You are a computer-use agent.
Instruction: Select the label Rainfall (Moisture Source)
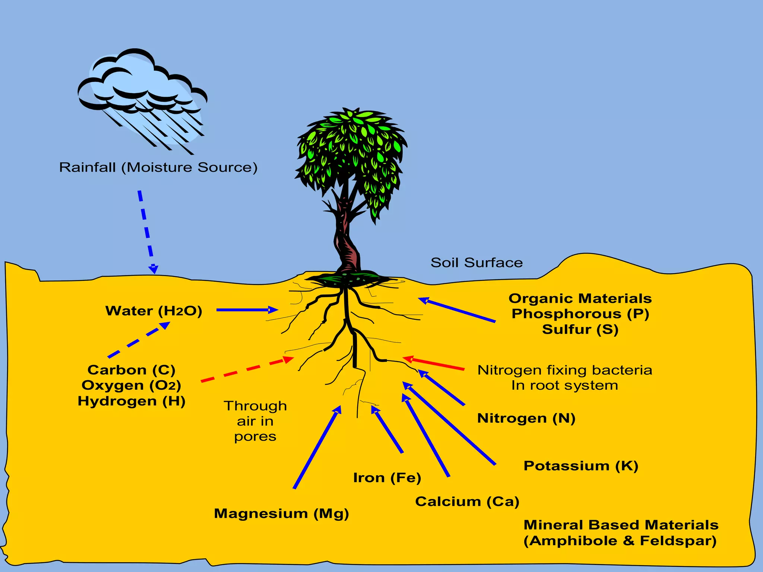(x=158, y=167)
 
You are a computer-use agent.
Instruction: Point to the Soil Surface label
(x=477, y=263)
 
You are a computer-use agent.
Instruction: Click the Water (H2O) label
(x=153, y=311)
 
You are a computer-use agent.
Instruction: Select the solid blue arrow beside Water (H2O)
(x=246, y=310)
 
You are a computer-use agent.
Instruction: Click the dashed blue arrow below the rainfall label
(x=147, y=231)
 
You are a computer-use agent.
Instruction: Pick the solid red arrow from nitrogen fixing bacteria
(x=434, y=363)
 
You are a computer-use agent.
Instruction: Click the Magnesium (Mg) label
(x=281, y=514)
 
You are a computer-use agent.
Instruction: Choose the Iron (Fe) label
(x=387, y=478)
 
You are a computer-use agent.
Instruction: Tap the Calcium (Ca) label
(x=467, y=502)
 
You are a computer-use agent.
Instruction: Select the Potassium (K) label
(x=581, y=466)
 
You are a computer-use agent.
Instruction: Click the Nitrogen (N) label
(x=526, y=418)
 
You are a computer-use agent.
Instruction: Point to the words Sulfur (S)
(x=580, y=330)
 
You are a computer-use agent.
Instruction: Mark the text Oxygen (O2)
(x=131, y=385)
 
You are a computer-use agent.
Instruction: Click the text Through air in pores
(x=255, y=421)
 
